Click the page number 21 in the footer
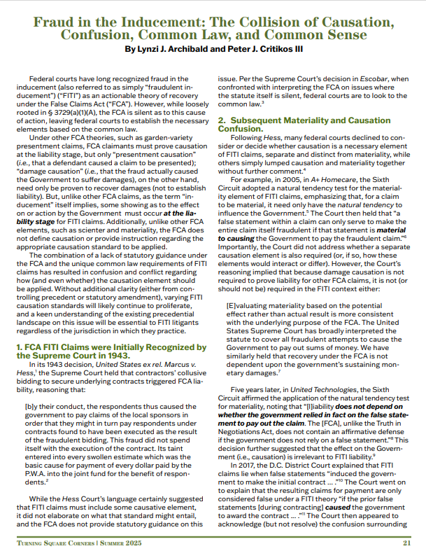coord(407,542)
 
